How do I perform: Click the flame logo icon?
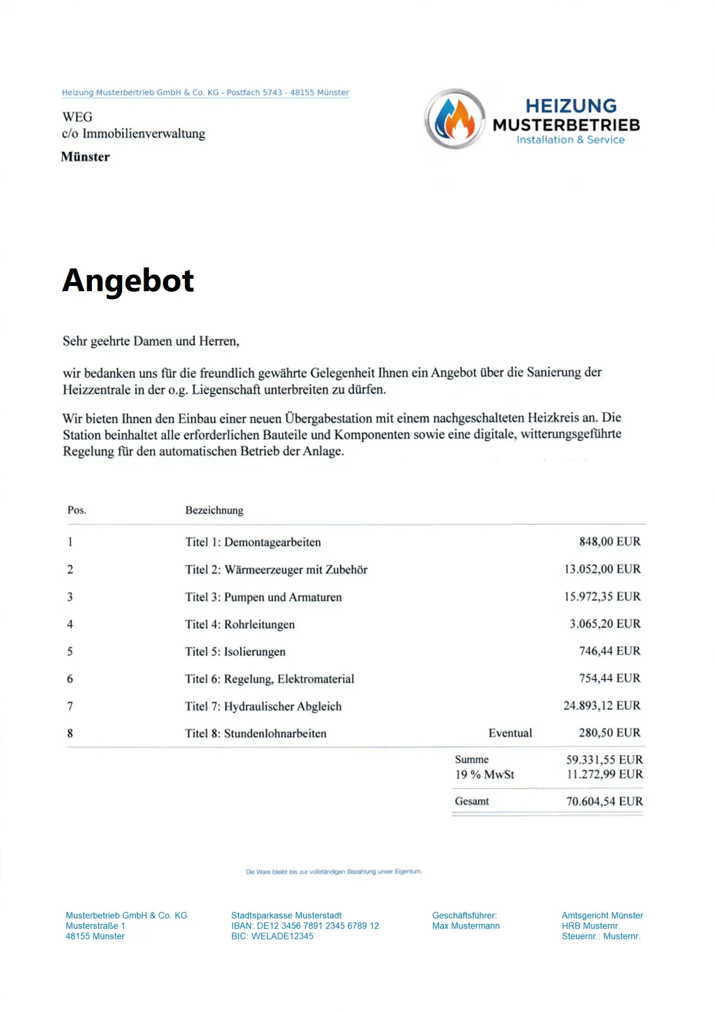pyautogui.click(x=455, y=119)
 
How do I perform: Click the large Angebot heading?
pyautogui.click(x=128, y=281)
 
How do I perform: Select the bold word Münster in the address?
pyautogui.click(x=85, y=157)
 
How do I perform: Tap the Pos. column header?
pyautogui.click(x=77, y=510)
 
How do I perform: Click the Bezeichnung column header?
pyautogui.click(x=214, y=510)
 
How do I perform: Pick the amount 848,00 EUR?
pyautogui.click(x=610, y=542)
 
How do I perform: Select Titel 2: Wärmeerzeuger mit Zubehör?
pyautogui.click(x=276, y=569)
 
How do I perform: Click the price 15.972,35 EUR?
pyautogui.click(x=602, y=597)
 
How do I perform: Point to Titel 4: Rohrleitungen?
pyautogui.click(x=240, y=624)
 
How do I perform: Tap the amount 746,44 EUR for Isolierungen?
pyautogui.click(x=610, y=651)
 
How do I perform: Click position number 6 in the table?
pyautogui.click(x=70, y=679)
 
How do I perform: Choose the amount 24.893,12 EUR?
pyautogui.click(x=602, y=705)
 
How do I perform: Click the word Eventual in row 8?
pyautogui.click(x=510, y=733)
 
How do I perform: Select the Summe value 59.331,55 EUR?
pyautogui.click(x=604, y=760)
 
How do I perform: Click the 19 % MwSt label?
pyautogui.click(x=485, y=775)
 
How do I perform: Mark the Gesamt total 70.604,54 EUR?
pyautogui.click(x=604, y=801)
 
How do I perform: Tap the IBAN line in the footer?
pyautogui.click(x=305, y=926)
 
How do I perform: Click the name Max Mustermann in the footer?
pyautogui.click(x=466, y=926)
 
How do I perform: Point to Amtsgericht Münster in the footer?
pyautogui.click(x=602, y=916)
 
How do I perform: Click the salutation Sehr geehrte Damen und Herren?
pyautogui.click(x=151, y=341)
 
